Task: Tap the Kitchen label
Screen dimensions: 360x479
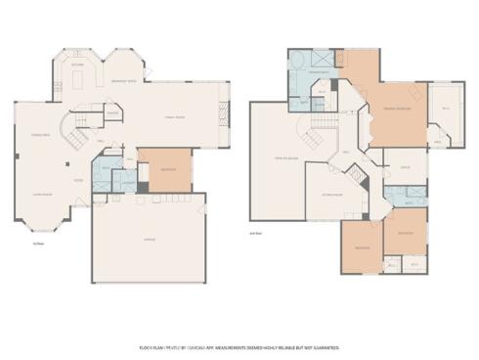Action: click(x=76, y=65)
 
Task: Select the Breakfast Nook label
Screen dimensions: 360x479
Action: click(x=125, y=81)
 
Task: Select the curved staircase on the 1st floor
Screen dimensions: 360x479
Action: click(x=68, y=129)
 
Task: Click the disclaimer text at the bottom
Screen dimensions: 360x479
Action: click(x=239, y=346)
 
